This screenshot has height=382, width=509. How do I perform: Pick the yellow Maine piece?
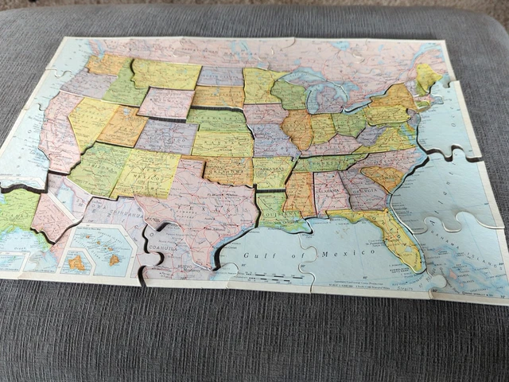click(x=426, y=76)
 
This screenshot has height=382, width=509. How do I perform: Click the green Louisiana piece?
click(x=276, y=212)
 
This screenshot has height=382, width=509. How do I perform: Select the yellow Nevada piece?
click(x=91, y=120)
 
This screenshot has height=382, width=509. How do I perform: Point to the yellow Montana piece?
click(x=165, y=74)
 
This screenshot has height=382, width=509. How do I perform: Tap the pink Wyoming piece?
click(x=166, y=103)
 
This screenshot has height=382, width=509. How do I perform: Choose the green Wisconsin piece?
click(x=289, y=95)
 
